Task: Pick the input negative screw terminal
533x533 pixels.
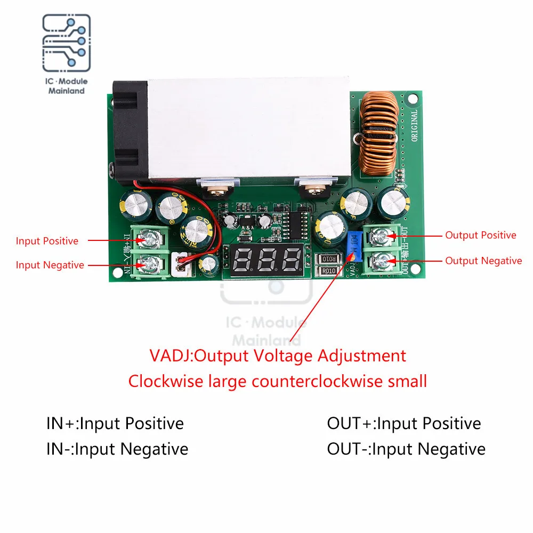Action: tap(151, 263)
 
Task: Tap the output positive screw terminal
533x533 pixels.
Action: tap(382, 235)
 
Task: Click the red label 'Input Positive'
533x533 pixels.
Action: tap(47, 241)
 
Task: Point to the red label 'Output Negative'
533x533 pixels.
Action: tap(483, 261)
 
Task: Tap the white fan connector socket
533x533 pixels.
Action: tap(181, 264)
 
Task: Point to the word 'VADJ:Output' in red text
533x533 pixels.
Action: tap(191, 356)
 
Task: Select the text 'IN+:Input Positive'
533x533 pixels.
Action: tap(115, 424)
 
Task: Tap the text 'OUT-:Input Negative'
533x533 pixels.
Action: tap(406, 449)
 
